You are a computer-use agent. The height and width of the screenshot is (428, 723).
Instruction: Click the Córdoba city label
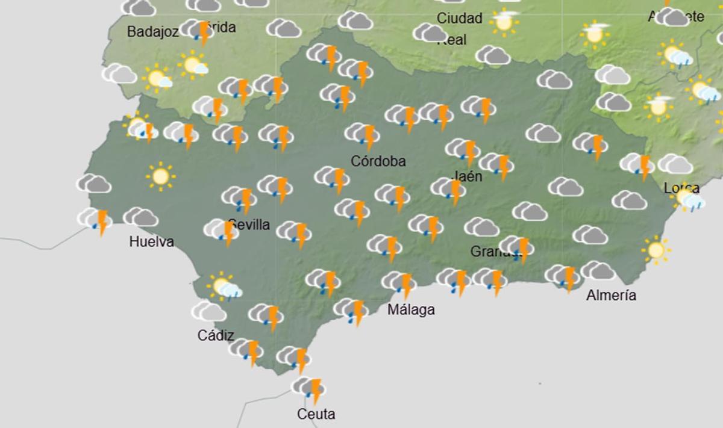378,161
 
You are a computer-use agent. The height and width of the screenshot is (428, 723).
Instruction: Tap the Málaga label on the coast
412,311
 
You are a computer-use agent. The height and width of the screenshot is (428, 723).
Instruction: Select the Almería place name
612,296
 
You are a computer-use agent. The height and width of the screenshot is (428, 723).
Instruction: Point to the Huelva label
152,242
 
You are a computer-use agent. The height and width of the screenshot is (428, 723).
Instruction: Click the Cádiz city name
216,336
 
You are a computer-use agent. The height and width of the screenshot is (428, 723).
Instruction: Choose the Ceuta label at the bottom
316,414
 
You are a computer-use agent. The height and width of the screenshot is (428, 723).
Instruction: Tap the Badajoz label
153,32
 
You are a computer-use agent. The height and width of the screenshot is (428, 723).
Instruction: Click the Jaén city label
466,177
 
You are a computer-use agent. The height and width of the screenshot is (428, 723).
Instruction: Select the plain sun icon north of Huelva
160,176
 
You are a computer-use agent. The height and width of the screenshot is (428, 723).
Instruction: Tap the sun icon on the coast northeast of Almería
656,249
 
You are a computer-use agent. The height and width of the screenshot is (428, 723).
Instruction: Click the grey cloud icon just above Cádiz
209,311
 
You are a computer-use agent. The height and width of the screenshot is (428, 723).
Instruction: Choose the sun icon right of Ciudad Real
504,22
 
